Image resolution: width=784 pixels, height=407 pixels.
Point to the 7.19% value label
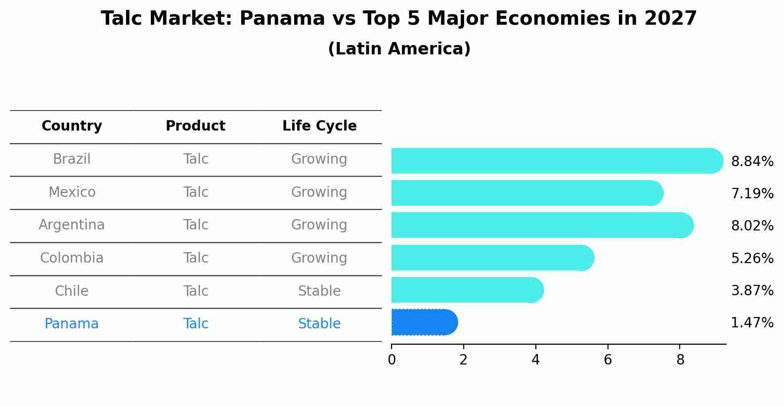752,193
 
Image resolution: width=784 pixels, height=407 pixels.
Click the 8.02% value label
752,226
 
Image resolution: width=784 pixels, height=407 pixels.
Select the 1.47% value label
752,322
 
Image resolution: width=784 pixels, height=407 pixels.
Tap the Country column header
72,126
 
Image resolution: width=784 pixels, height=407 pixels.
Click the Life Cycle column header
319,126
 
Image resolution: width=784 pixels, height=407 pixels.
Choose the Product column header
195,126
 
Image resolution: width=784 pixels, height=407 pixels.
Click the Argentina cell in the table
72,225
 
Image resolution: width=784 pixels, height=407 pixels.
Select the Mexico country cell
72,192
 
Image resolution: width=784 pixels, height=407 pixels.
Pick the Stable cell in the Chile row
319,291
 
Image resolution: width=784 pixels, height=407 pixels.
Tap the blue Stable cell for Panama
319,324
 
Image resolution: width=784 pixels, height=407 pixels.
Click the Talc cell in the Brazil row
195,159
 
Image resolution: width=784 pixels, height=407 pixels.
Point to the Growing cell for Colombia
319,258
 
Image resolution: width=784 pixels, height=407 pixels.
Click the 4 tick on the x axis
535,360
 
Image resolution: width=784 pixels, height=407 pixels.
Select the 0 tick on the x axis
392,360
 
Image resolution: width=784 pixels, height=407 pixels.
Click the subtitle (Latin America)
399,49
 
